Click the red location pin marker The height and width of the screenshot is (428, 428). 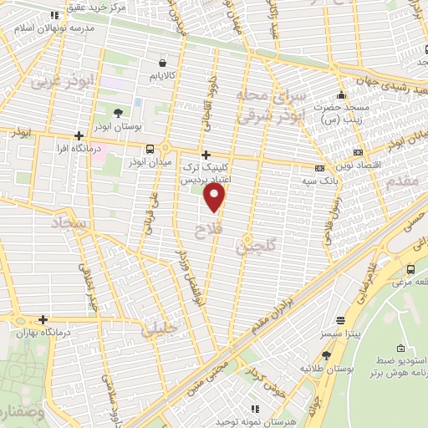tap(216, 197)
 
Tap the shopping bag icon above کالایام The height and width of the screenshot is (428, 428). tap(162, 63)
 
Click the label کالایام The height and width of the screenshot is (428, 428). tap(163, 76)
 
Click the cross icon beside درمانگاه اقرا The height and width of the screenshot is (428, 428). tap(79, 135)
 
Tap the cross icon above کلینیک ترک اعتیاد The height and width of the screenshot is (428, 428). tap(206, 155)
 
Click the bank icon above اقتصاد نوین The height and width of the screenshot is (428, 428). tap(358, 153)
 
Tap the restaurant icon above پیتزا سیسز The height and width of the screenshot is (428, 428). tap(339, 319)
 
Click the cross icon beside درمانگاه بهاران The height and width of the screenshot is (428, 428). tap(43, 319)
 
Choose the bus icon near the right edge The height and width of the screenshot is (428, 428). tap(410, 269)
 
